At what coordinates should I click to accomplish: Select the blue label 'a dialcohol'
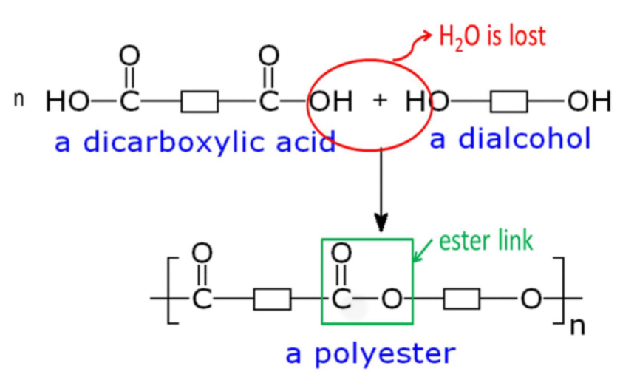[x=510, y=138]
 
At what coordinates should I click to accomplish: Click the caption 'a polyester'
[x=370, y=353]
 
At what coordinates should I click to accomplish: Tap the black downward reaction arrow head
[x=381, y=222]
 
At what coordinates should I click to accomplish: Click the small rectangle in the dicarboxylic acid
[x=200, y=101]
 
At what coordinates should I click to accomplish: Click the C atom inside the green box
[x=341, y=299]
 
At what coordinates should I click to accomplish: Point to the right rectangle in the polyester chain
[x=462, y=299]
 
